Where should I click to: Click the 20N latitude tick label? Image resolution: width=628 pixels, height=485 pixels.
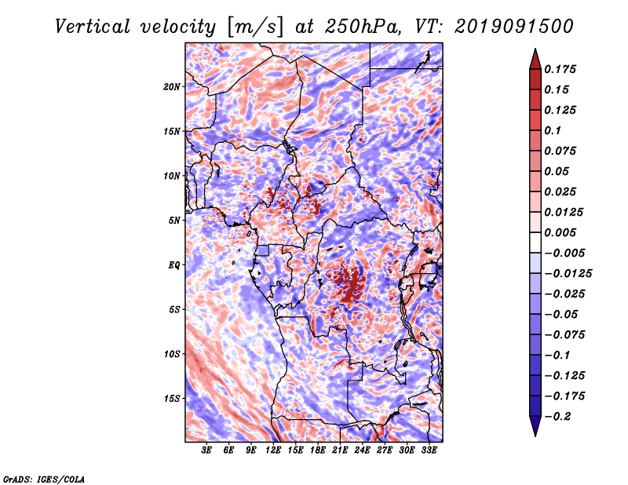(172, 86)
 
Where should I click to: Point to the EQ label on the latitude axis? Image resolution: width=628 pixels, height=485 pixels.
(174, 265)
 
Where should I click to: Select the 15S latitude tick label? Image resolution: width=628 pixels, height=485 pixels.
(172, 399)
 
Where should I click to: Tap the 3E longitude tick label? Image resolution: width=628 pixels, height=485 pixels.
(206, 450)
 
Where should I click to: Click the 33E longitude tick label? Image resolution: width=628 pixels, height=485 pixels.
(429, 450)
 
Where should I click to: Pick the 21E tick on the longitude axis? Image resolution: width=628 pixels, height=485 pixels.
(340, 450)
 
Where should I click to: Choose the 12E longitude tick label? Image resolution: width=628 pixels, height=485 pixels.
(273, 450)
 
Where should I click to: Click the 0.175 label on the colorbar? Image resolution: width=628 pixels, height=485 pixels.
(560, 69)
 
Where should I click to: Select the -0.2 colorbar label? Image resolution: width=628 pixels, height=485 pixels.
(558, 417)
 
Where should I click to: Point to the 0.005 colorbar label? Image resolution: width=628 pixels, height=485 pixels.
(560, 232)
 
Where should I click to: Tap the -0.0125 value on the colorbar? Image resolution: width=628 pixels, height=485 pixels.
(568, 274)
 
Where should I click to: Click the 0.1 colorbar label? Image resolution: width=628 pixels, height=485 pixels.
(553, 130)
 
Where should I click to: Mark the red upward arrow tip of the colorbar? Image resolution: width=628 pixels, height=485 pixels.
(535, 49)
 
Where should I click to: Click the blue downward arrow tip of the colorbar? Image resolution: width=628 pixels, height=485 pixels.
(535, 436)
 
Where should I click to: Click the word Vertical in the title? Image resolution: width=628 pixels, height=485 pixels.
(93, 27)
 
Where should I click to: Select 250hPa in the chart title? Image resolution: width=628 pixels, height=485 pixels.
(363, 27)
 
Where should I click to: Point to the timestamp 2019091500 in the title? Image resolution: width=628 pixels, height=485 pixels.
(514, 27)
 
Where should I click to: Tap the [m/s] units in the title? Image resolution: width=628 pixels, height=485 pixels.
(255, 27)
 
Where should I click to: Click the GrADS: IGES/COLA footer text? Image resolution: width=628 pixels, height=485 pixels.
(44, 479)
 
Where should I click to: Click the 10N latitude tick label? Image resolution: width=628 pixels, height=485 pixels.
(172, 176)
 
